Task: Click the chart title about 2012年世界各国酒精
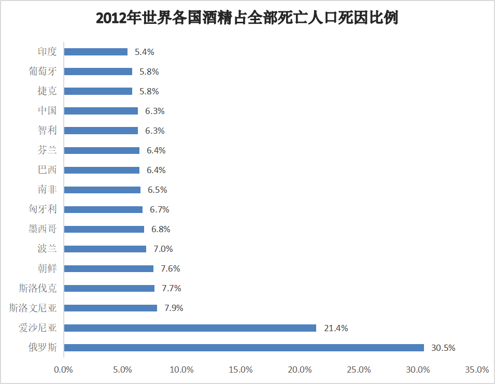coord(247,19)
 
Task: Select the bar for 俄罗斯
coord(244,348)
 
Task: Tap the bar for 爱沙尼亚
coord(190,328)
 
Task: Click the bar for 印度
coord(95,52)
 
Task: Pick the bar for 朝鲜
coord(108,268)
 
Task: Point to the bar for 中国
coord(101,111)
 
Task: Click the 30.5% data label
coord(443,348)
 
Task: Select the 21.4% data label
coord(336,328)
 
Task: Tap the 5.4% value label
coord(145,52)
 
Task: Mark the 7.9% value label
coord(174,308)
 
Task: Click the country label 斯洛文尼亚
coord(33,308)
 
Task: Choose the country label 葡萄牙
coord(43,72)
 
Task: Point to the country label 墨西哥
coord(43,229)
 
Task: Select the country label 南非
coord(47,190)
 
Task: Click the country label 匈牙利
coord(43,209)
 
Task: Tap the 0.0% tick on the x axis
coord(64,370)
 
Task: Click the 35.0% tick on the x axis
coord(477,370)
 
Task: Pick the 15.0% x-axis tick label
coord(241,370)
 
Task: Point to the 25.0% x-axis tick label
coord(359,370)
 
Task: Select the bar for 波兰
coord(105,249)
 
